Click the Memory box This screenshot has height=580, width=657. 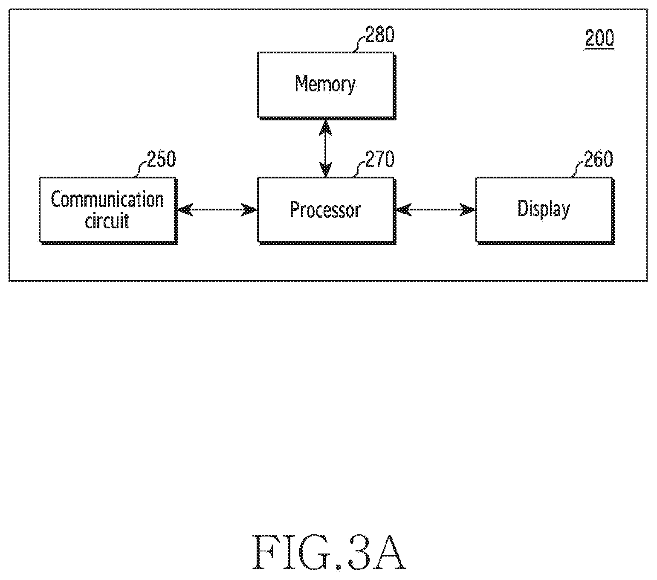pyautogui.click(x=327, y=86)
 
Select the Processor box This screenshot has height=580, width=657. pyautogui.click(x=327, y=210)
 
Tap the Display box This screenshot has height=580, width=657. pyautogui.click(x=545, y=210)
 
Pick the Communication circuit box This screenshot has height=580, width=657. pyautogui.click(x=108, y=210)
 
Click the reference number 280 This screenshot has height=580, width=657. pyautogui.click(x=380, y=35)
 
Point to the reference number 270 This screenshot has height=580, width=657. pyautogui.click(x=380, y=159)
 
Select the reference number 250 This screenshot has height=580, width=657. pyautogui.click(x=162, y=159)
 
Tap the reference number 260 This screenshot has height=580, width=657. pyautogui.click(x=598, y=159)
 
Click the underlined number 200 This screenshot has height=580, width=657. pyautogui.click(x=599, y=38)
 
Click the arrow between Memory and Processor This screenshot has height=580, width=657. pyautogui.click(x=325, y=149)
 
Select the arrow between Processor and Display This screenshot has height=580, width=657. pyautogui.click(x=436, y=210)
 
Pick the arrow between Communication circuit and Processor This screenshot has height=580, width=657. pyautogui.click(x=217, y=210)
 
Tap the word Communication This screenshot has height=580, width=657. pyautogui.click(x=107, y=199)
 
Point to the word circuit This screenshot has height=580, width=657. pyautogui.click(x=107, y=221)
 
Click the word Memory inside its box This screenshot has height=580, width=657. pyautogui.click(x=325, y=85)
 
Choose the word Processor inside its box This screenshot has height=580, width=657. pyautogui.click(x=325, y=210)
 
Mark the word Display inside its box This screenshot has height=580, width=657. pyautogui.click(x=544, y=209)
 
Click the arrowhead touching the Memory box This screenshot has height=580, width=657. pyautogui.click(x=325, y=127)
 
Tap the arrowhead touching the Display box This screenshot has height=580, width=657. pyautogui.click(x=468, y=210)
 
